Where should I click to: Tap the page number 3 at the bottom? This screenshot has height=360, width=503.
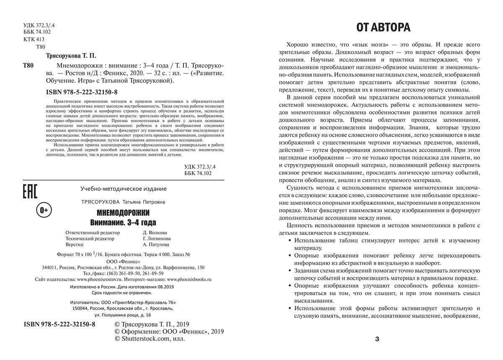[x=377, y=339]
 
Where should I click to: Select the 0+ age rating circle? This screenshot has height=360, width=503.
[x=44, y=209]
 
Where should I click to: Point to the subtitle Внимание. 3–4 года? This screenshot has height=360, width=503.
[x=123, y=222]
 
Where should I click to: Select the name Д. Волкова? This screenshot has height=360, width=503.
[x=155, y=232]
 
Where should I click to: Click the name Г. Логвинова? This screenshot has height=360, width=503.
[x=157, y=238]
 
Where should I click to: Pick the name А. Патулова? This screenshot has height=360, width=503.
[x=156, y=244]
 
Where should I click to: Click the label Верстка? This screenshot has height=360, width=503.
[x=75, y=244]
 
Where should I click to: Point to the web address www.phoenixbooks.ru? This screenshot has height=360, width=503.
[x=189, y=279]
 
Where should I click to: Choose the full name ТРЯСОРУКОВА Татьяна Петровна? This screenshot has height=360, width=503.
[x=123, y=202]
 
